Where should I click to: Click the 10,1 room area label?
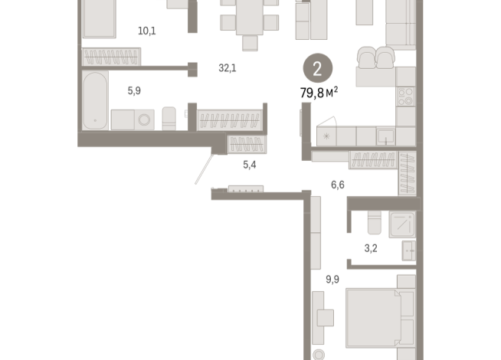(147, 31)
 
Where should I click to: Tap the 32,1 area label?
(228, 68)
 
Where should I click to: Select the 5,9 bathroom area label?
(134, 90)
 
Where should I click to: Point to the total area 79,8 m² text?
(319, 93)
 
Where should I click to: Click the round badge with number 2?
(318, 68)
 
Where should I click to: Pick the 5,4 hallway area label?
(250, 165)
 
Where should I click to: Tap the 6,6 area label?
(338, 185)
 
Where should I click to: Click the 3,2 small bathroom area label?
(371, 248)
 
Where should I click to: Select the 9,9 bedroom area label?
(332, 280)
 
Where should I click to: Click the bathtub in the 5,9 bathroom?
(95, 100)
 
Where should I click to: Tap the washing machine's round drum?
(144, 119)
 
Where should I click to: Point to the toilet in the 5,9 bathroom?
(169, 119)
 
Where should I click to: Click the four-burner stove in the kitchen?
(406, 97)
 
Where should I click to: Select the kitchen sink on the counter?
(385, 136)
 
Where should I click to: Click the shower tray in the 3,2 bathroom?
(402, 224)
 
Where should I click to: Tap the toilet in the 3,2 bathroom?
(375, 222)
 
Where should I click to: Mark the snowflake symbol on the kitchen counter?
(326, 136)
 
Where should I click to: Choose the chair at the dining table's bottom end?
(250, 43)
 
